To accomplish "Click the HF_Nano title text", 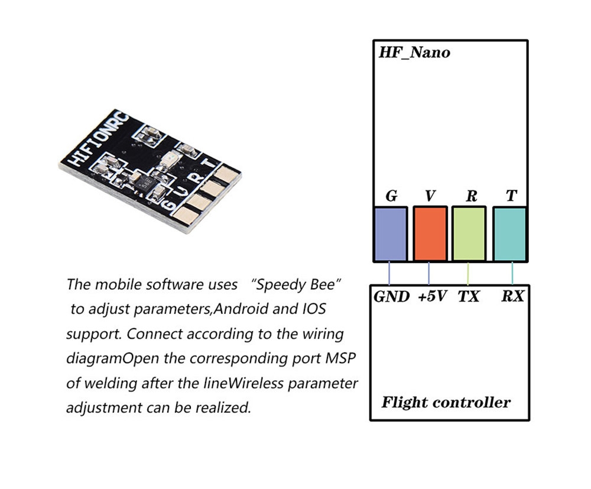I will pos(414,53).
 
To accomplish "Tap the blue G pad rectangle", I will pos(390,234).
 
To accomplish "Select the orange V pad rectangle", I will pos(430,234).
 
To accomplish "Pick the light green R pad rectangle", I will pos(469,234).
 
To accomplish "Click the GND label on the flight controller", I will pos(391,296).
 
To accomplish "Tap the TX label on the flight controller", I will pos(469,296).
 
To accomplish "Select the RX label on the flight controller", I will pos(512,296).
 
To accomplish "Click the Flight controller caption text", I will pos(446,403).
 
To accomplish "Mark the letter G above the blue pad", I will pos(391,196).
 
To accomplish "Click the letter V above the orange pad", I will pos(430,196).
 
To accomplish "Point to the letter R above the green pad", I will pos(471,196).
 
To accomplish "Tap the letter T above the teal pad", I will pos(511,196).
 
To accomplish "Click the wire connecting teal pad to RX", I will pos(512,273).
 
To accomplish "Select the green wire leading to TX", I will pos(468,273).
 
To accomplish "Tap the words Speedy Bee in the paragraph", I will pos(297,284).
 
